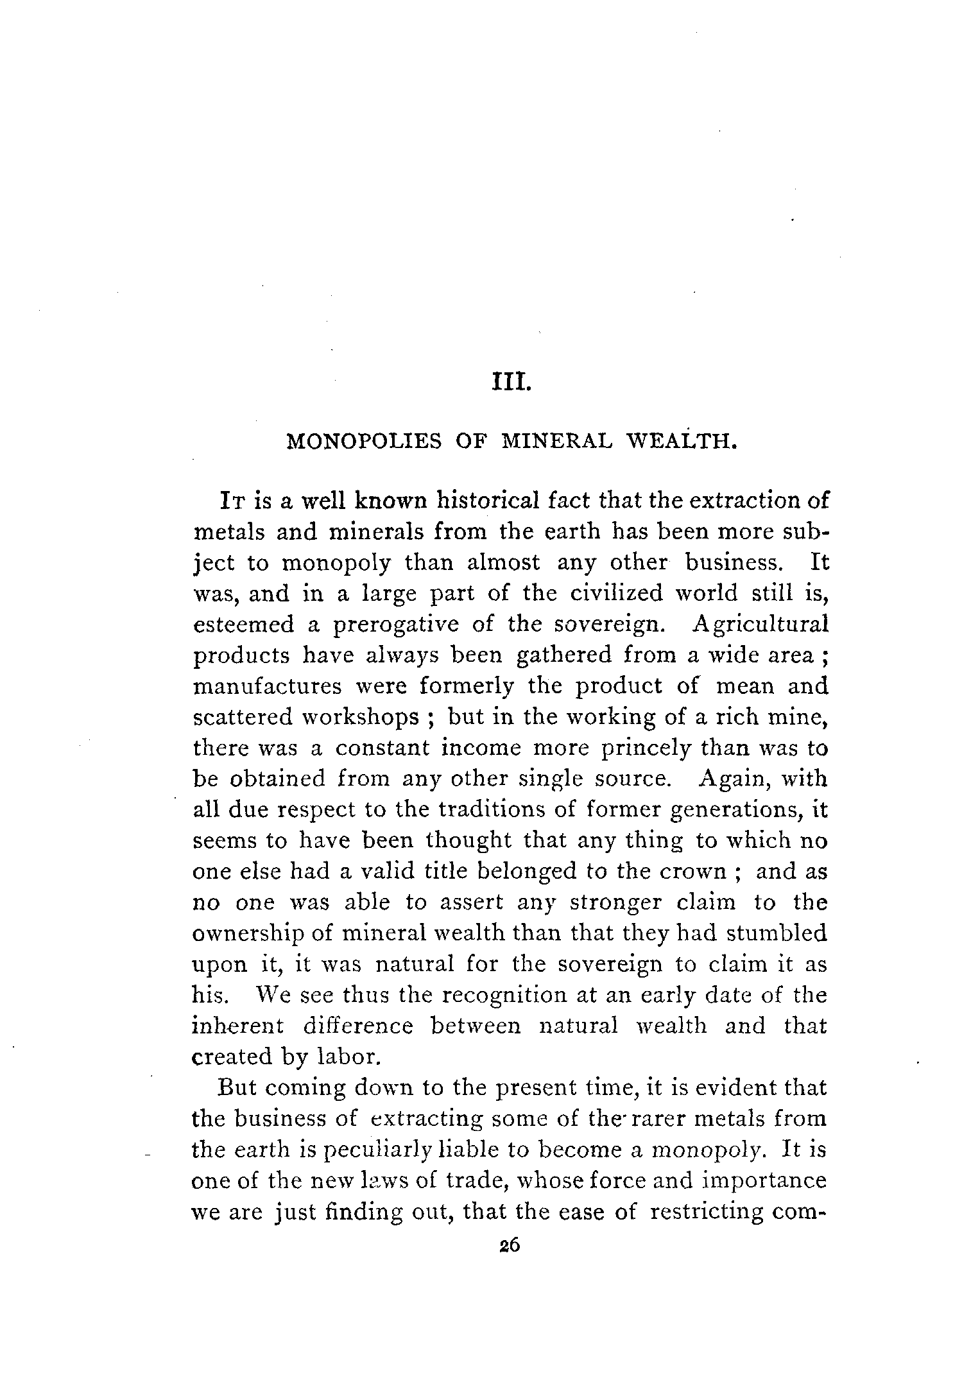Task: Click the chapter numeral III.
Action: (510, 387)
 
